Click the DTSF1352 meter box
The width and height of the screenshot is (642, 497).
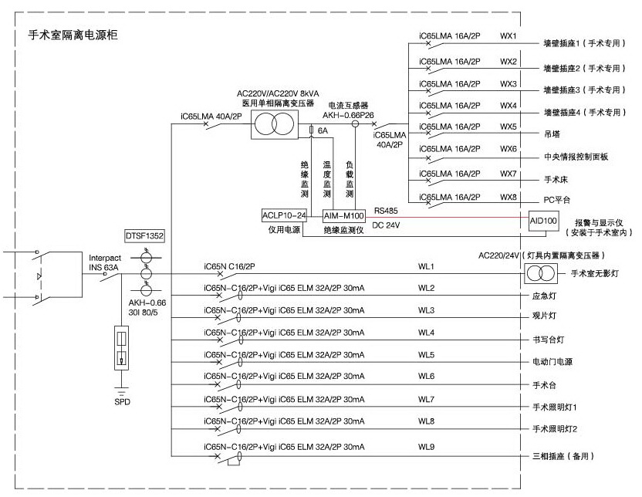tap(144, 236)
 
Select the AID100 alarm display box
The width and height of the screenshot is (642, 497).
tap(543, 221)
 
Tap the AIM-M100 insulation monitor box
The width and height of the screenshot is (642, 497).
tap(344, 216)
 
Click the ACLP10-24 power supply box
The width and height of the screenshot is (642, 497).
tap(284, 215)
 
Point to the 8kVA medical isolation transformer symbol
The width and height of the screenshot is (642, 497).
tap(275, 124)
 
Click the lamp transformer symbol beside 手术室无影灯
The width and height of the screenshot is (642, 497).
tap(540, 273)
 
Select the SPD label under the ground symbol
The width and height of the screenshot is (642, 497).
tap(122, 402)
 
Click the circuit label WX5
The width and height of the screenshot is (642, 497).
tap(508, 127)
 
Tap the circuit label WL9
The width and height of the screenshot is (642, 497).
tap(426, 447)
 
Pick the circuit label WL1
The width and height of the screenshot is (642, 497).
tap(426, 266)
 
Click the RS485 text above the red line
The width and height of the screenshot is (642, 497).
tap(386, 211)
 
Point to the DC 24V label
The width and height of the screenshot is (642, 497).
tap(386, 225)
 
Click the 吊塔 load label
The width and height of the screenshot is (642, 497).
tap(552, 134)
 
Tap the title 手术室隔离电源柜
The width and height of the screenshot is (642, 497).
tap(73, 35)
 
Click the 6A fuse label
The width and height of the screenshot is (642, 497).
tap(323, 130)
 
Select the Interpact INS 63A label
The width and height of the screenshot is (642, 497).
tap(105, 263)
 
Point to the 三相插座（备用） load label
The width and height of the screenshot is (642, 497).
tap(563, 456)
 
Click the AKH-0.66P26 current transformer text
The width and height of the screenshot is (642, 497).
tap(348, 116)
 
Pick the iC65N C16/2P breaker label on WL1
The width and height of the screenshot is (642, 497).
tap(229, 266)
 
